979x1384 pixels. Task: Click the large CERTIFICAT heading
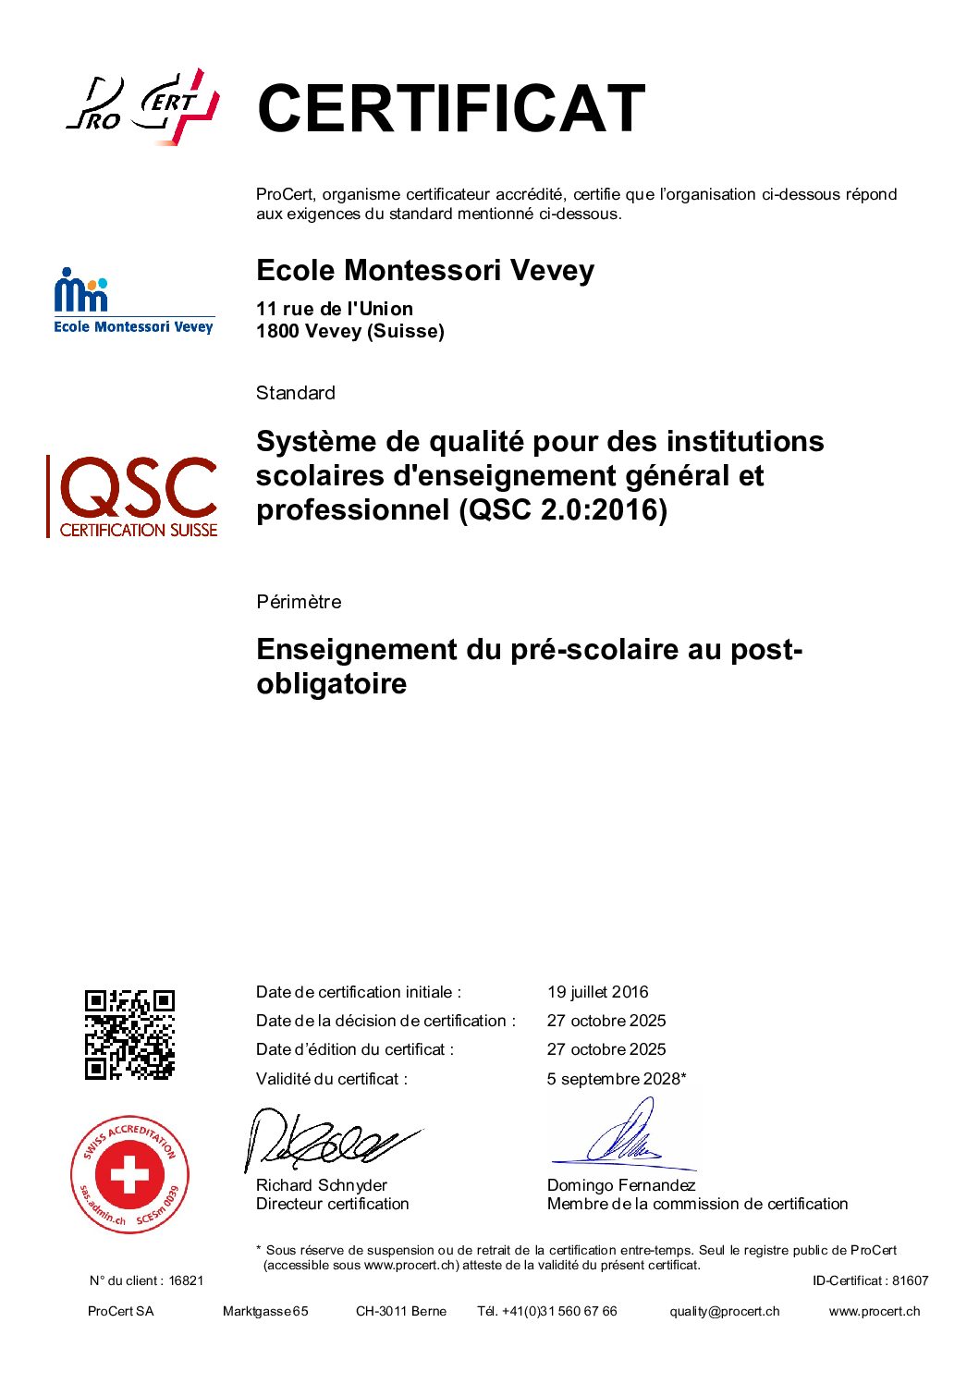[450, 108]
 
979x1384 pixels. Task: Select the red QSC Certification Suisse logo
[133, 496]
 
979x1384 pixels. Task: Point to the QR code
[129, 1035]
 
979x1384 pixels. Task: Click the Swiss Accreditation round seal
[130, 1174]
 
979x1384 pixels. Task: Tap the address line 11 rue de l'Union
[335, 309]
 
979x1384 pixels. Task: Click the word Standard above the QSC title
[296, 393]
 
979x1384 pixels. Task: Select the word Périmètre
[299, 602]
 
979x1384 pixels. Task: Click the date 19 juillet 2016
[597, 992]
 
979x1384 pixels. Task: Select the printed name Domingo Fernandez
[620, 1185]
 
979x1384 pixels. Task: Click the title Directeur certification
[332, 1204]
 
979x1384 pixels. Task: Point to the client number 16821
[186, 1280]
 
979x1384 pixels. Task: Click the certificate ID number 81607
[910, 1280]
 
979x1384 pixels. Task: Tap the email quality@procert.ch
[725, 1311]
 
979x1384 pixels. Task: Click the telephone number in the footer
[558, 1311]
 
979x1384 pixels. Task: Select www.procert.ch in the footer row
[874, 1311]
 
